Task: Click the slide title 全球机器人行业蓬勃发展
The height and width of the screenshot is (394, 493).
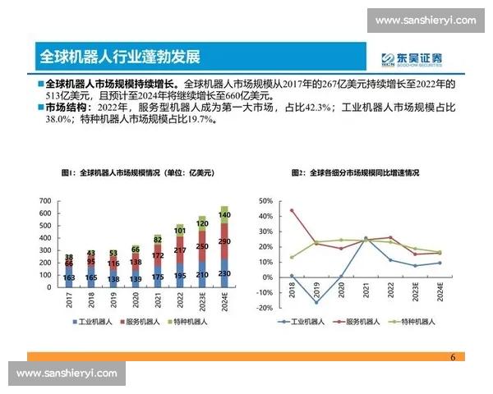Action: click(x=120, y=57)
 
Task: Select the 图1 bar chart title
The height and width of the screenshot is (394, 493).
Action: click(x=136, y=173)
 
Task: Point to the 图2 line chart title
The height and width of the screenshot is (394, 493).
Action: click(x=355, y=173)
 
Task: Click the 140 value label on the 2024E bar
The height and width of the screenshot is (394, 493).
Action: click(x=225, y=215)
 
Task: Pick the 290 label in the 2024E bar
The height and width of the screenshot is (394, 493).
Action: click(x=225, y=241)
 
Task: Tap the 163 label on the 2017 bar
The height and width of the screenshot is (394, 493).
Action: click(x=69, y=278)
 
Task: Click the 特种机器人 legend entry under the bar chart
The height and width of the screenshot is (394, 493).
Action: click(x=191, y=322)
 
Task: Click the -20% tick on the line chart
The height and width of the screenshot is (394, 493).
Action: click(x=263, y=308)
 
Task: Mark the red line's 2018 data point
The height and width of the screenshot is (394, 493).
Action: click(x=291, y=210)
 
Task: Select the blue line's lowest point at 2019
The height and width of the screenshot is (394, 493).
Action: click(x=316, y=302)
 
